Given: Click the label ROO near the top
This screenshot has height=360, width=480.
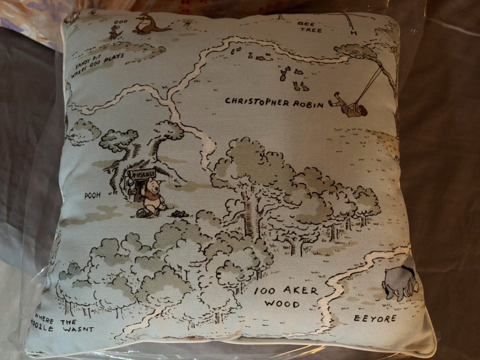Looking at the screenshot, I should pos(120,22).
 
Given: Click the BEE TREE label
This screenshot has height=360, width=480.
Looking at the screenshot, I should pos(310,26).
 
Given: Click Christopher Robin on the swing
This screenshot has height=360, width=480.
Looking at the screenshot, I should pos(351,105).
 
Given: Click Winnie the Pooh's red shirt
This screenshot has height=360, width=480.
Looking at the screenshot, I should pos(151,197).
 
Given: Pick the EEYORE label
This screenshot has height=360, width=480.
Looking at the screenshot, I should pos(375,318).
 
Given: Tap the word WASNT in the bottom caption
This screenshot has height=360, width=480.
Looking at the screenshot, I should pos(77,329).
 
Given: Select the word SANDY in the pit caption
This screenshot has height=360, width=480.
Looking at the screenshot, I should pos(83,64).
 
